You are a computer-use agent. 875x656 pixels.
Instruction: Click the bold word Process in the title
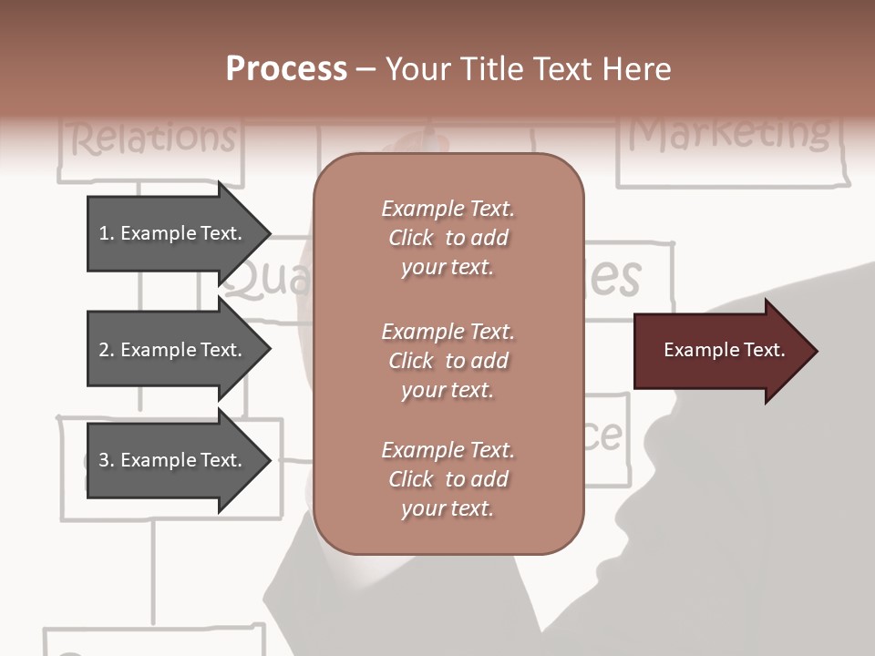(x=286, y=69)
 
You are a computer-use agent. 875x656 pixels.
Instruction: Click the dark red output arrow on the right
(x=720, y=350)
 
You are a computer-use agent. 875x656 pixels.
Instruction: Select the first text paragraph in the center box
(x=448, y=238)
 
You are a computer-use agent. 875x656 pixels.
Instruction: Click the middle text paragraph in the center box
(x=448, y=361)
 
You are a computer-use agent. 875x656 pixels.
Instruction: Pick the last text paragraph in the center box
(x=448, y=479)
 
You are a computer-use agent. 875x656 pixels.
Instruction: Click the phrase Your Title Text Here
(x=529, y=69)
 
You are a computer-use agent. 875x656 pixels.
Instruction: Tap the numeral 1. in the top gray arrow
(x=106, y=233)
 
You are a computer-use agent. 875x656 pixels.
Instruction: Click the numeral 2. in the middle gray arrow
(x=106, y=350)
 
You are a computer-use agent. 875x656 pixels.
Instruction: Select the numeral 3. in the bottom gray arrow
(x=106, y=460)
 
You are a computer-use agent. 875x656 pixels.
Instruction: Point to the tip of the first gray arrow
(x=269, y=233)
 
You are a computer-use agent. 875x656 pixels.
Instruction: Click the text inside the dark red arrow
(x=724, y=350)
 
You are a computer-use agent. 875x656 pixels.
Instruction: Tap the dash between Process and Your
(x=366, y=69)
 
